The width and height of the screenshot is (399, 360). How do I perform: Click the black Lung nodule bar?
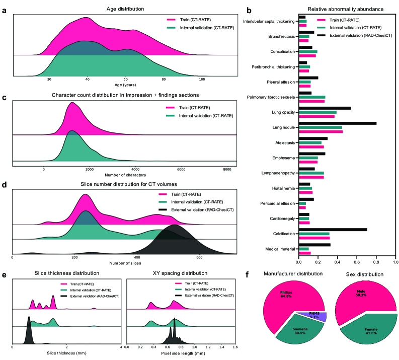click(x=337, y=123)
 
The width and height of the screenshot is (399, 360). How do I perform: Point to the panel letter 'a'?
click(x=4, y=14)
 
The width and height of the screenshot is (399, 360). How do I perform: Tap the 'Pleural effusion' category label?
click(x=280, y=82)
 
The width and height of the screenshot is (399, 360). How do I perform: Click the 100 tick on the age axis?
click(x=202, y=80)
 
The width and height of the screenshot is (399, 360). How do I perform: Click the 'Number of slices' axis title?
click(x=124, y=264)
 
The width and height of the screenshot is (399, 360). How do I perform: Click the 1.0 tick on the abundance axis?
click(x=395, y=262)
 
